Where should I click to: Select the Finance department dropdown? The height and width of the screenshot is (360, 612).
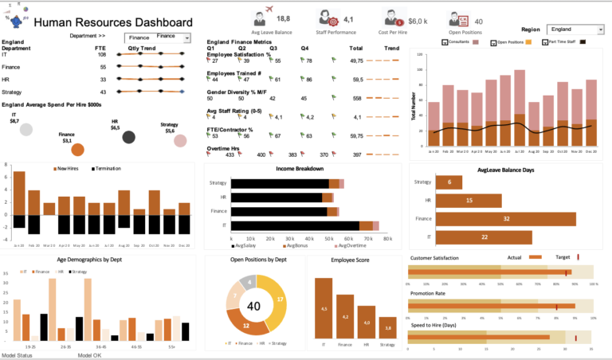pos(158,37)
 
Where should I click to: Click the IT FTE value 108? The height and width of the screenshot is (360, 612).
pos(102,55)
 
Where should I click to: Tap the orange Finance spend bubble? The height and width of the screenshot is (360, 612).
pos(77,149)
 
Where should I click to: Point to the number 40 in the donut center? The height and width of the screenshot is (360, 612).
pos(255,306)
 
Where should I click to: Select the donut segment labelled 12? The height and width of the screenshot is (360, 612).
pos(245,325)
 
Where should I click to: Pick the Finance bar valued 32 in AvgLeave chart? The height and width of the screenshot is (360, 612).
pos(507,218)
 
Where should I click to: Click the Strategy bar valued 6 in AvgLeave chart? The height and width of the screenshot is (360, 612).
pos(449,182)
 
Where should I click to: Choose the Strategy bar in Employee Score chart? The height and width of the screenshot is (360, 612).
pos(388,327)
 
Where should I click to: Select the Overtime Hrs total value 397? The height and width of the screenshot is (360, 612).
pos(356,155)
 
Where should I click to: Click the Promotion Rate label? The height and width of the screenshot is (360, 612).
pos(428,294)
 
